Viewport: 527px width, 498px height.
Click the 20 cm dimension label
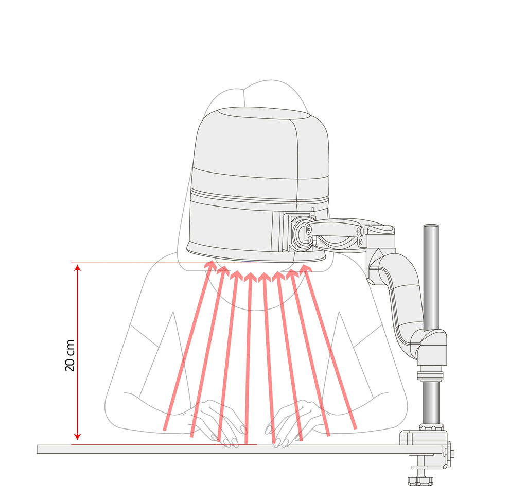[69, 355]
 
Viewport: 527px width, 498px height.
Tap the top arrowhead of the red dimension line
[78, 268]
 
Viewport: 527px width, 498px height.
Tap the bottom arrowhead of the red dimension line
[78, 437]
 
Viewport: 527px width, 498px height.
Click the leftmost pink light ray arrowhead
[210, 266]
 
